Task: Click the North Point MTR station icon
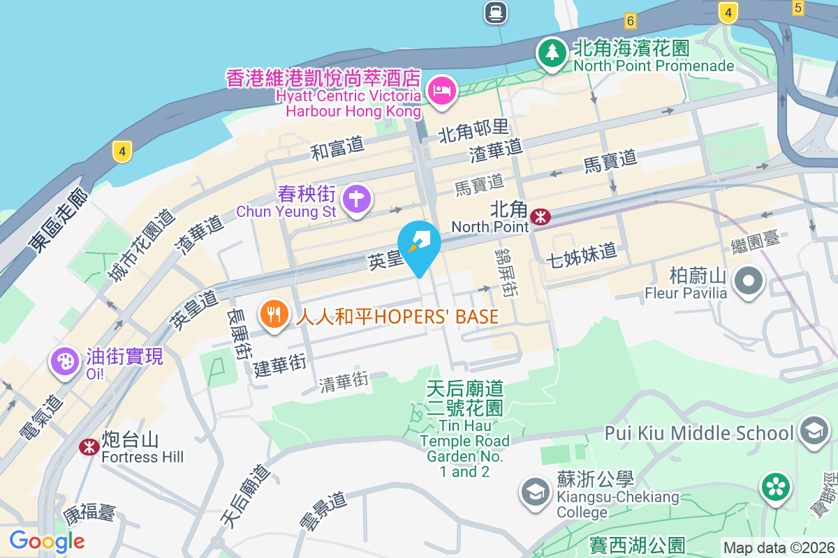pyautogui.click(x=540, y=217)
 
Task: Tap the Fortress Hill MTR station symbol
pyautogui.click(x=89, y=446)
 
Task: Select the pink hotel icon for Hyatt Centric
pyautogui.click(x=442, y=91)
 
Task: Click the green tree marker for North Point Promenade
pyautogui.click(x=552, y=52)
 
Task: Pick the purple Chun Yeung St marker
pyautogui.click(x=357, y=198)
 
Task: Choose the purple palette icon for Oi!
pyautogui.click(x=64, y=362)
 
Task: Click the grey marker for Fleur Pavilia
pyautogui.click(x=749, y=281)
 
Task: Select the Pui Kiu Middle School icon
pyautogui.click(x=814, y=431)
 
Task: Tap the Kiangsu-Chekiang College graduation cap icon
pyautogui.click(x=536, y=492)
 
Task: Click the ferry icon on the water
pyautogui.click(x=496, y=11)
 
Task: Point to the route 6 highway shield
pyautogui.click(x=631, y=20)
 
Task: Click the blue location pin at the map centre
pyautogui.click(x=419, y=244)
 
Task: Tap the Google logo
pyautogui.click(x=47, y=541)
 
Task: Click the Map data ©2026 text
pyautogui.click(x=779, y=548)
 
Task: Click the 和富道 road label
pyautogui.click(x=338, y=148)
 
